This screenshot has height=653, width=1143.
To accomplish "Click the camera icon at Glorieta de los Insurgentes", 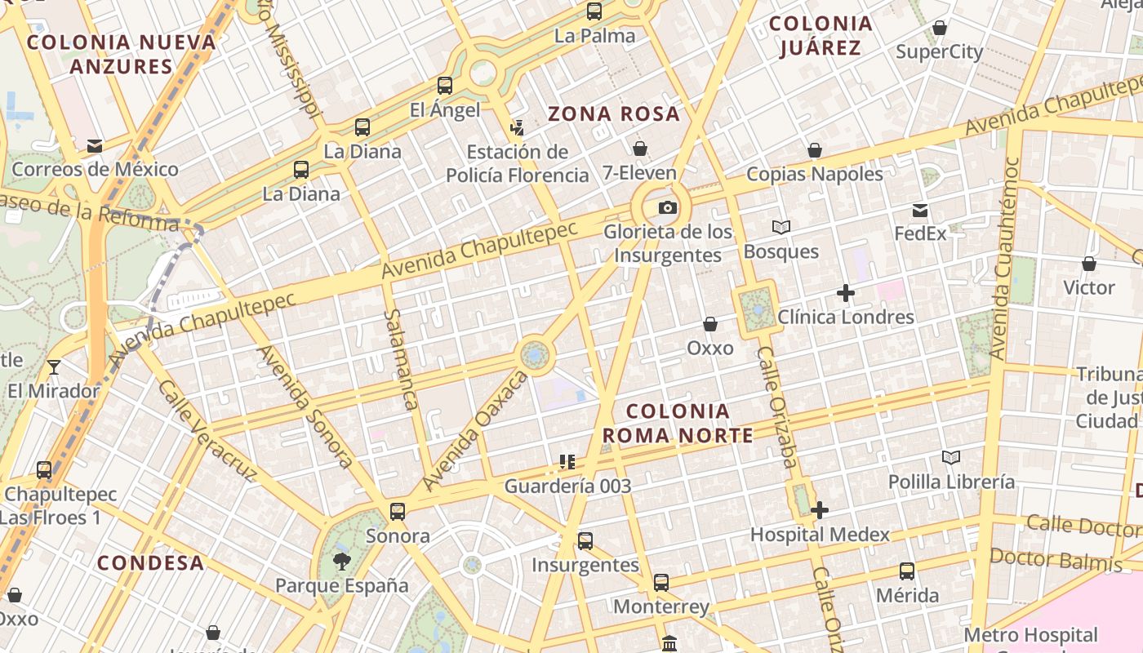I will pyautogui.click(x=668, y=208).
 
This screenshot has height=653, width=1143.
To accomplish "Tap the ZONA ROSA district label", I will pyautogui.click(x=614, y=113).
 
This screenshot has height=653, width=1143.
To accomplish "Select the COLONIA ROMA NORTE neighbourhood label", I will pyautogui.click(x=678, y=423).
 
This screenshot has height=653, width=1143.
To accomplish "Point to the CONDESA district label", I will pyautogui.click(x=150, y=562).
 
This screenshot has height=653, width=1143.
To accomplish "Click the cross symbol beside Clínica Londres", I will pyautogui.click(x=846, y=293).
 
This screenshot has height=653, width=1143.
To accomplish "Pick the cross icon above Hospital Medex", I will pyautogui.click(x=820, y=510).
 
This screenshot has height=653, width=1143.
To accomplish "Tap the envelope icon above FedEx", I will pyautogui.click(x=920, y=211).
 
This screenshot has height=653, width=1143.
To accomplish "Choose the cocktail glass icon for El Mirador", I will pyautogui.click(x=54, y=367).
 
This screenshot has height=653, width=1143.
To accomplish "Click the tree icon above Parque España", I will pyautogui.click(x=341, y=562).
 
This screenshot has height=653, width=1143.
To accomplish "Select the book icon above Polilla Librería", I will pyautogui.click(x=950, y=457).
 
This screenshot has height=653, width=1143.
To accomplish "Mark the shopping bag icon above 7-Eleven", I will pyautogui.click(x=640, y=149).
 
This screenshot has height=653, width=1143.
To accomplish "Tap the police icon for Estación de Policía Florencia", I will pyautogui.click(x=517, y=127).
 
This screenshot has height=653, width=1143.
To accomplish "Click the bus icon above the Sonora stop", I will pyautogui.click(x=398, y=512).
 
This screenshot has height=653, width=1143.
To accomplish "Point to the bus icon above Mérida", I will pyautogui.click(x=907, y=571).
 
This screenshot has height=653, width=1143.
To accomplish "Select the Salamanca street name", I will pyautogui.click(x=401, y=359).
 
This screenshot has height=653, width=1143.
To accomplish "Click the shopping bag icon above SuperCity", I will pyautogui.click(x=940, y=29).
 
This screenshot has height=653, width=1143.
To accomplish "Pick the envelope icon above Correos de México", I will pyautogui.click(x=95, y=146).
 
